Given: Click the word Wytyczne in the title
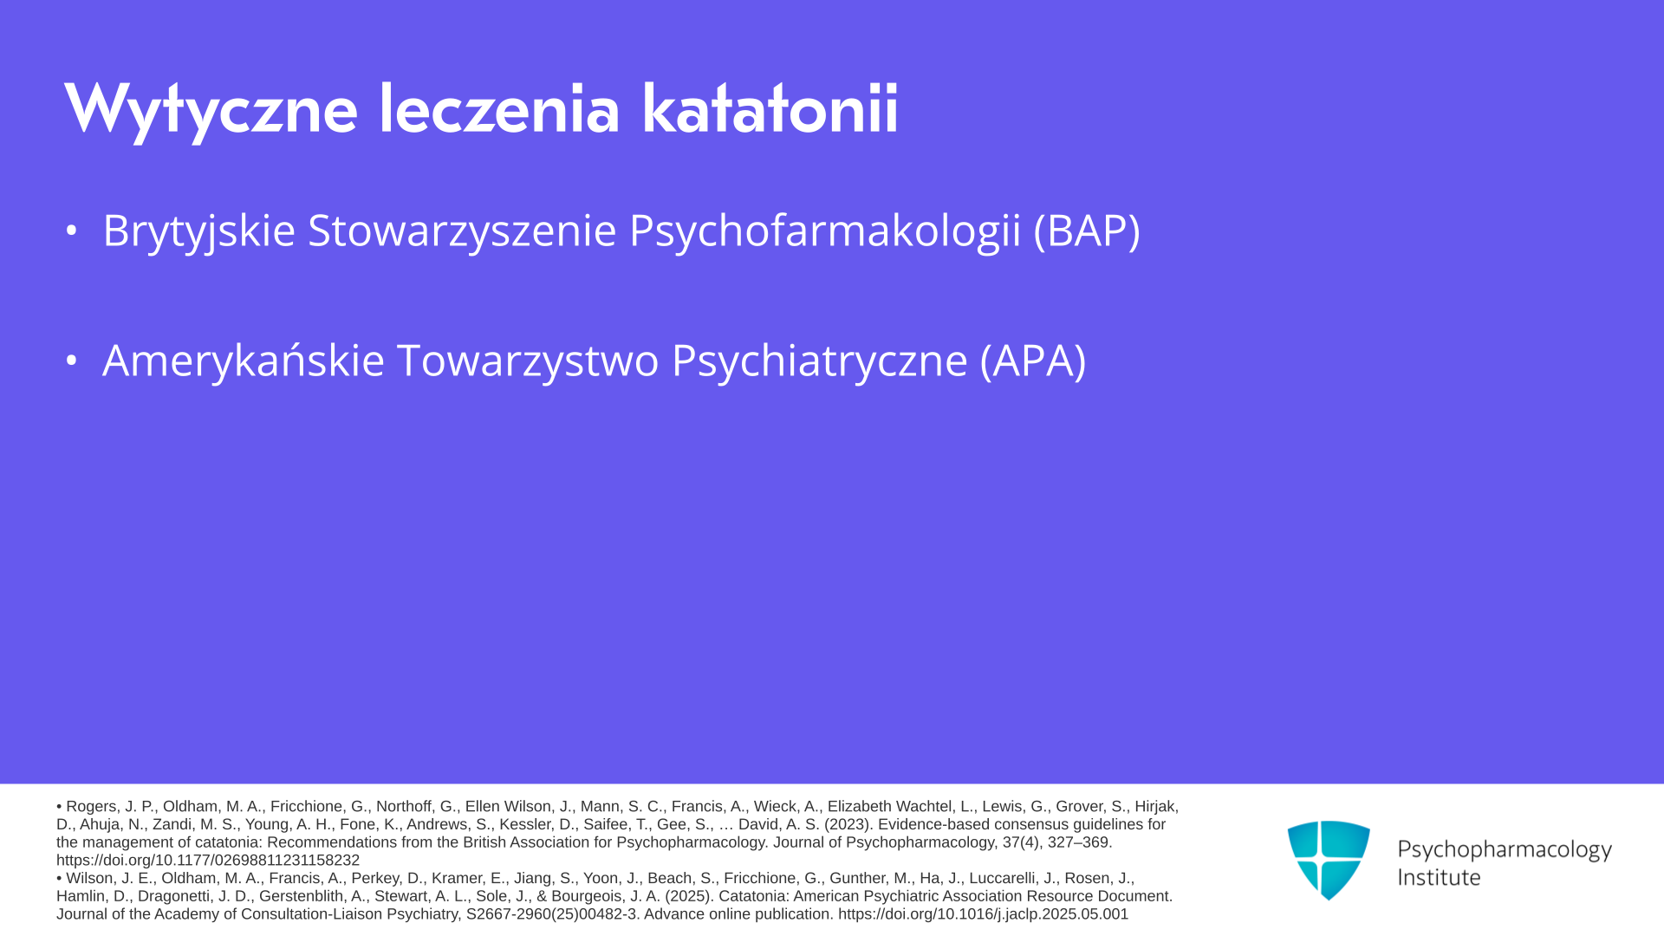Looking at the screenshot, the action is [x=211, y=110].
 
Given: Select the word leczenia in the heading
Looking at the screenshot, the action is [x=499, y=109].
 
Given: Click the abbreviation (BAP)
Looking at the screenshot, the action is [x=1087, y=231].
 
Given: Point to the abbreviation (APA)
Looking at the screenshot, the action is [x=1033, y=361].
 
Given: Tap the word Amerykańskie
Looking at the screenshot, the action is [x=244, y=361].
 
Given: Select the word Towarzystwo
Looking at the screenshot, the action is [x=528, y=361].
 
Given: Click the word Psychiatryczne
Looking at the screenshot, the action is [x=819, y=361].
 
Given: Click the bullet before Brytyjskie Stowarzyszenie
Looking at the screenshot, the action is [x=72, y=231].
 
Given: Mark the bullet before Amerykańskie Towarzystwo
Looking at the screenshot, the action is [x=72, y=361].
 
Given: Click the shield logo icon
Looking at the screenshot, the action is [x=1329, y=860].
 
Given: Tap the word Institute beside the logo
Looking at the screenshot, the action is [x=1439, y=877].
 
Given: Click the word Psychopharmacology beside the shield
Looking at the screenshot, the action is [x=1505, y=850].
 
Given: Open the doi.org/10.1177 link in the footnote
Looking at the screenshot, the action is [x=208, y=861].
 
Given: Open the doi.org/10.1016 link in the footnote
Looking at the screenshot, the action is [x=983, y=914].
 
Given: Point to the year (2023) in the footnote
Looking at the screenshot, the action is [x=848, y=824].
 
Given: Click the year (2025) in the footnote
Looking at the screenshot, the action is [x=690, y=896].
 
